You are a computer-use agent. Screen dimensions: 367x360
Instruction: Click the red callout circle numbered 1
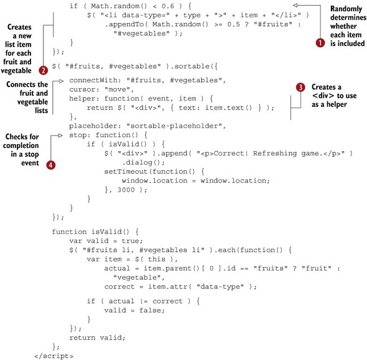(x=320, y=43)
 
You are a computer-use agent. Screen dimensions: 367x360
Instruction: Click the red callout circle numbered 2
(x=43, y=70)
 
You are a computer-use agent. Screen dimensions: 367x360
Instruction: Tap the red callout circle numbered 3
(x=300, y=87)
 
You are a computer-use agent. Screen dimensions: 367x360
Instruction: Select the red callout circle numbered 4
(x=50, y=165)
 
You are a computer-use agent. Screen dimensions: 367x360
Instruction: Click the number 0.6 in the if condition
(x=168, y=6)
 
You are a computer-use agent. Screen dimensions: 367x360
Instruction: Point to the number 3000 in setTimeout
(x=126, y=190)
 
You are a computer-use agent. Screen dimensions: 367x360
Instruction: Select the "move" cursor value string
(x=119, y=90)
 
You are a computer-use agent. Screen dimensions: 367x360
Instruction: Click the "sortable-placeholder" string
(x=175, y=126)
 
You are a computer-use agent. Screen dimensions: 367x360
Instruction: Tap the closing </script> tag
(x=54, y=356)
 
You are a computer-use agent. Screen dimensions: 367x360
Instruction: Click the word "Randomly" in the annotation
(x=346, y=9)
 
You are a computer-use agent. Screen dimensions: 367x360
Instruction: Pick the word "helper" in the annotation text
(x=337, y=104)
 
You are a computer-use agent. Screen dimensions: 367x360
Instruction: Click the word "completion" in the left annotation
(x=21, y=145)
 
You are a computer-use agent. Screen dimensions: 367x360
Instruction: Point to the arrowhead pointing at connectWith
(x=62, y=81)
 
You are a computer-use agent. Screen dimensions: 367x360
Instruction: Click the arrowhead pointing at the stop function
(x=60, y=136)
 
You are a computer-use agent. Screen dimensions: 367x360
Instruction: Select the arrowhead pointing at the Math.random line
(x=295, y=5)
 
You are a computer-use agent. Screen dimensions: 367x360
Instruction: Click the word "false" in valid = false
(x=152, y=310)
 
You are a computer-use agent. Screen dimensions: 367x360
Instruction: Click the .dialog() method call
(x=143, y=162)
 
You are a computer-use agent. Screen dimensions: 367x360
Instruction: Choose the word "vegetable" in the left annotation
(x=32, y=102)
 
